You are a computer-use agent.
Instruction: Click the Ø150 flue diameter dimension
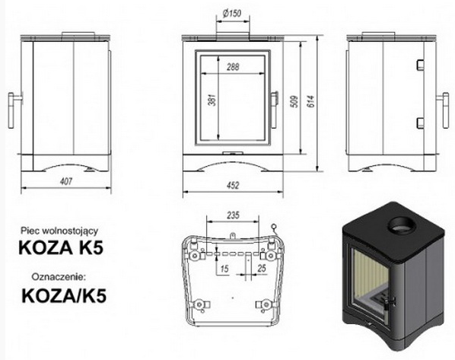click(232, 14)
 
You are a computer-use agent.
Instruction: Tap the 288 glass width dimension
click(233, 67)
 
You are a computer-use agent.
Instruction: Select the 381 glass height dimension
click(213, 99)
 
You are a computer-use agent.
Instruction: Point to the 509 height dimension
click(294, 101)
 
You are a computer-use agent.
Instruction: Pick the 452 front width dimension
click(233, 185)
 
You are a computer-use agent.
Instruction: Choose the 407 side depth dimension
click(66, 181)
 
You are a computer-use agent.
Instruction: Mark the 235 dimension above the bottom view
click(233, 215)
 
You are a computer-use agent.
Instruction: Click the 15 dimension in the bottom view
click(224, 269)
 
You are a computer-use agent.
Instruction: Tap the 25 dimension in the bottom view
click(262, 268)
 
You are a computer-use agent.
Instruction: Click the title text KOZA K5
click(61, 248)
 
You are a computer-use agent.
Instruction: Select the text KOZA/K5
click(64, 296)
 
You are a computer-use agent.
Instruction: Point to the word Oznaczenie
click(59, 276)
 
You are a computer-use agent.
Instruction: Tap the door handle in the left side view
click(13, 110)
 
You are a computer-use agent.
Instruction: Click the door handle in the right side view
click(444, 110)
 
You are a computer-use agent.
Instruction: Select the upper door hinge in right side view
click(420, 65)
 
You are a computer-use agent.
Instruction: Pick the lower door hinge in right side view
click(420, 123)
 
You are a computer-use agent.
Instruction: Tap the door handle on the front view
click(274, 110)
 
